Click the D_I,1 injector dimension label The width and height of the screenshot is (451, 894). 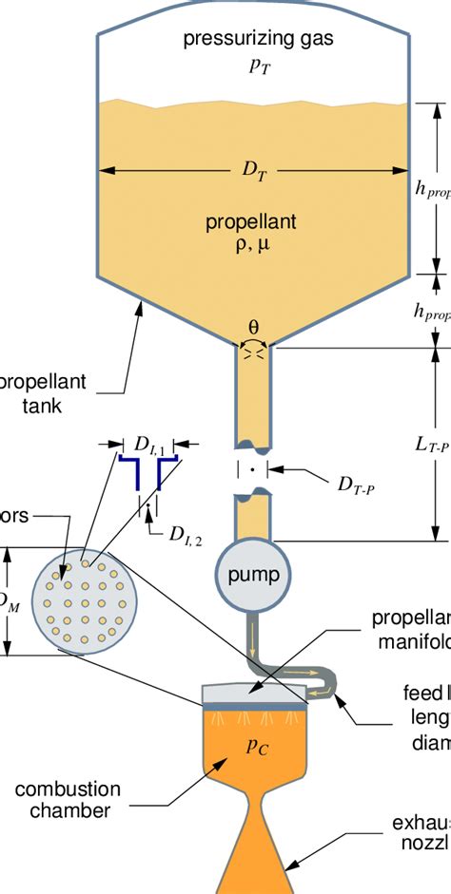pyautogui.click(x=149, y=444)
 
